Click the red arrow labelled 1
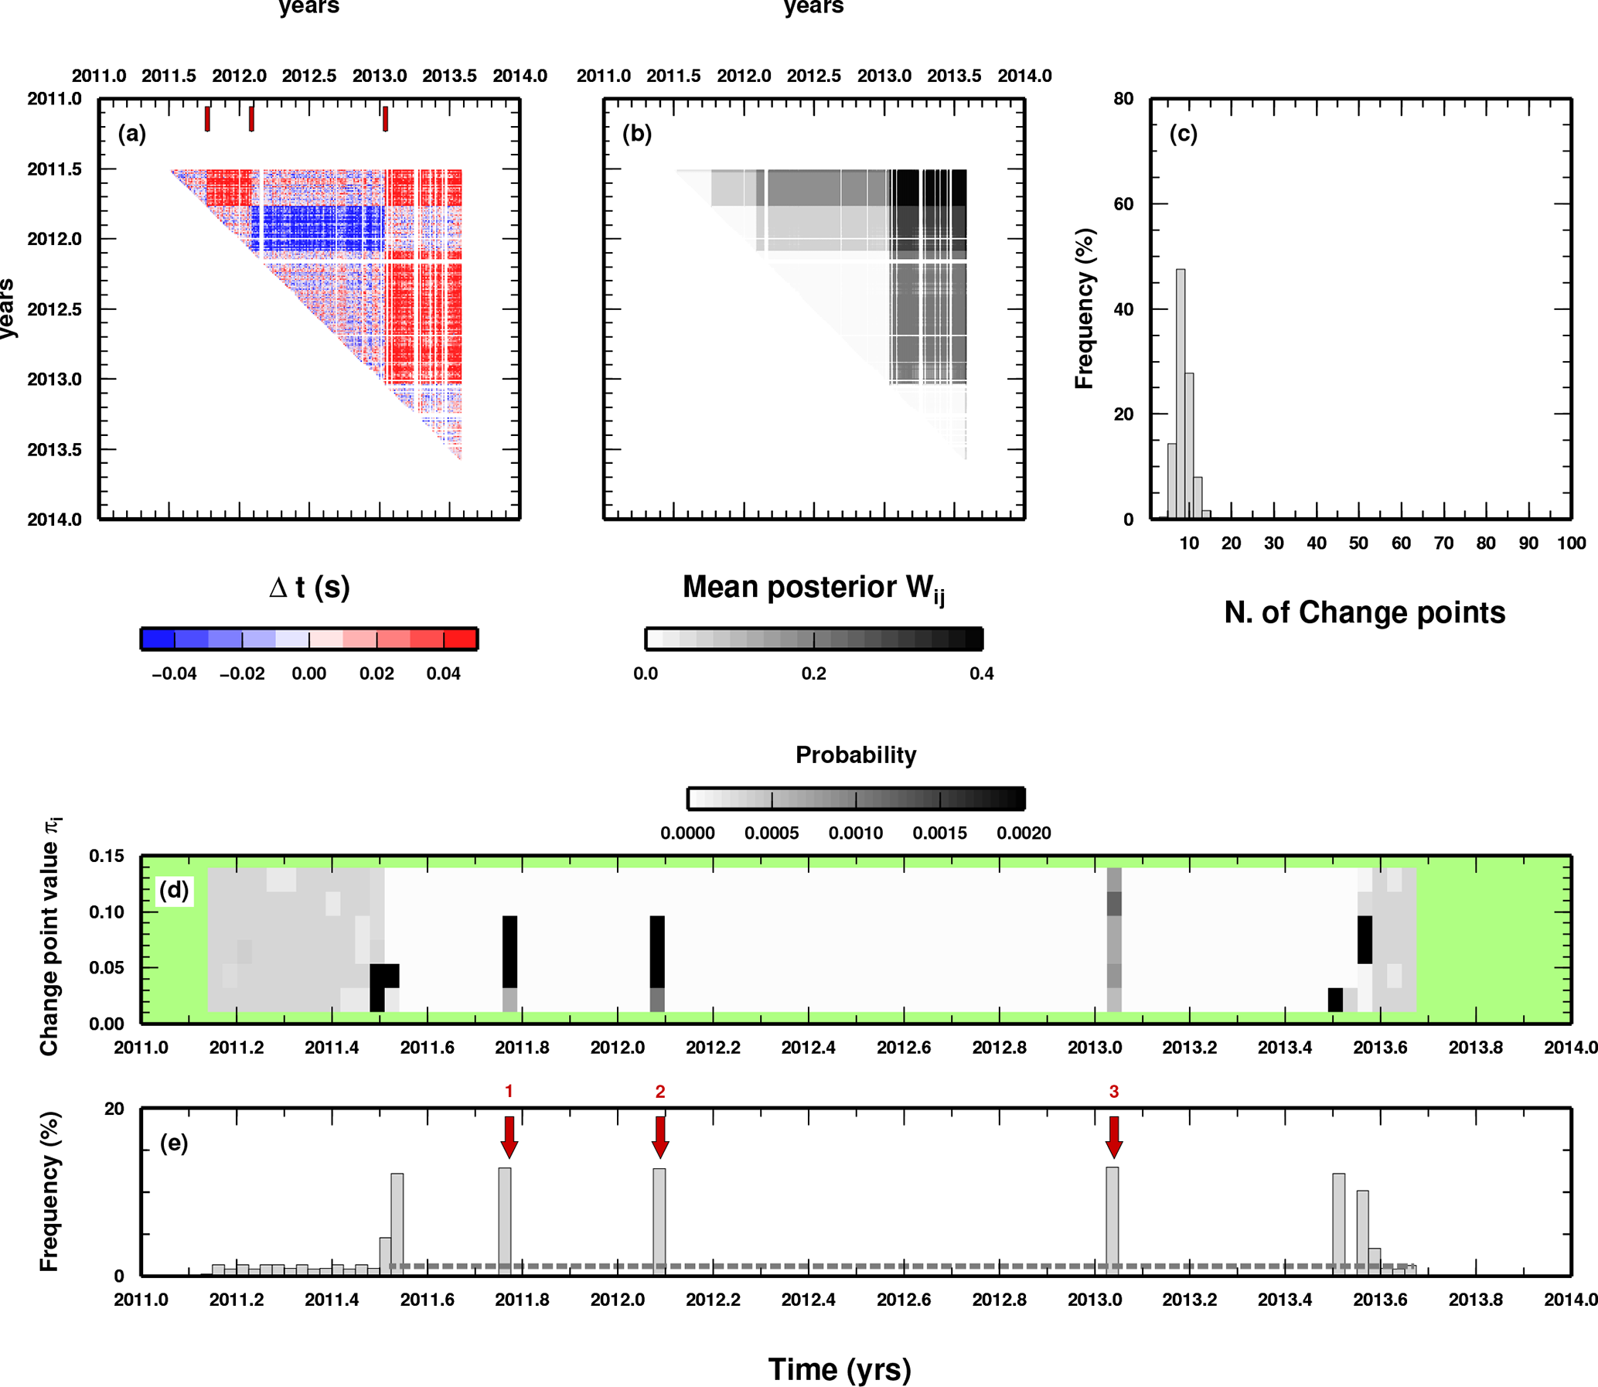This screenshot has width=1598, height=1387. pos(509,1137)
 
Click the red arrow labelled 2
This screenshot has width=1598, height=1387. pos(660,1137)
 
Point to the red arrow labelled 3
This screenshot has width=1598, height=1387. pos(1113,1137)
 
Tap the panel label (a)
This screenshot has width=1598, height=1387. pos(131,134)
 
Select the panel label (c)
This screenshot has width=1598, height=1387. pos(1183,134)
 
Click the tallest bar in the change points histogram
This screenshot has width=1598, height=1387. pos(1180,394)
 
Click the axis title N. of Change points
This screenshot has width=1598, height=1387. pos(1365,612)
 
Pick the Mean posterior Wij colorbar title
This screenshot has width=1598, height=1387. pos(813,588)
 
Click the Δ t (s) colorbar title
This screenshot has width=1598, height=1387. pos(308,588)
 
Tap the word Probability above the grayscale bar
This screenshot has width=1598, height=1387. pos(856,755)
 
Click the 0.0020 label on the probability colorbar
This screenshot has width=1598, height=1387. pos(1023,833)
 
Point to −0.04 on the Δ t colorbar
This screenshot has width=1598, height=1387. pos(174,674)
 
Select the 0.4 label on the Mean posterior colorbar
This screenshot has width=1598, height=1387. pos(981,674)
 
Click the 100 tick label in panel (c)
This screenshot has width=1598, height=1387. pos(1571,544)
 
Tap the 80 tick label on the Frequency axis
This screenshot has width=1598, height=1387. pos(1123,99)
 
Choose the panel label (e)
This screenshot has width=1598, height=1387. pos(173,1143)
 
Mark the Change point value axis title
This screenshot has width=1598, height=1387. pos(49,937)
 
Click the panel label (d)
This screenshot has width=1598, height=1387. pos(173,890)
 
